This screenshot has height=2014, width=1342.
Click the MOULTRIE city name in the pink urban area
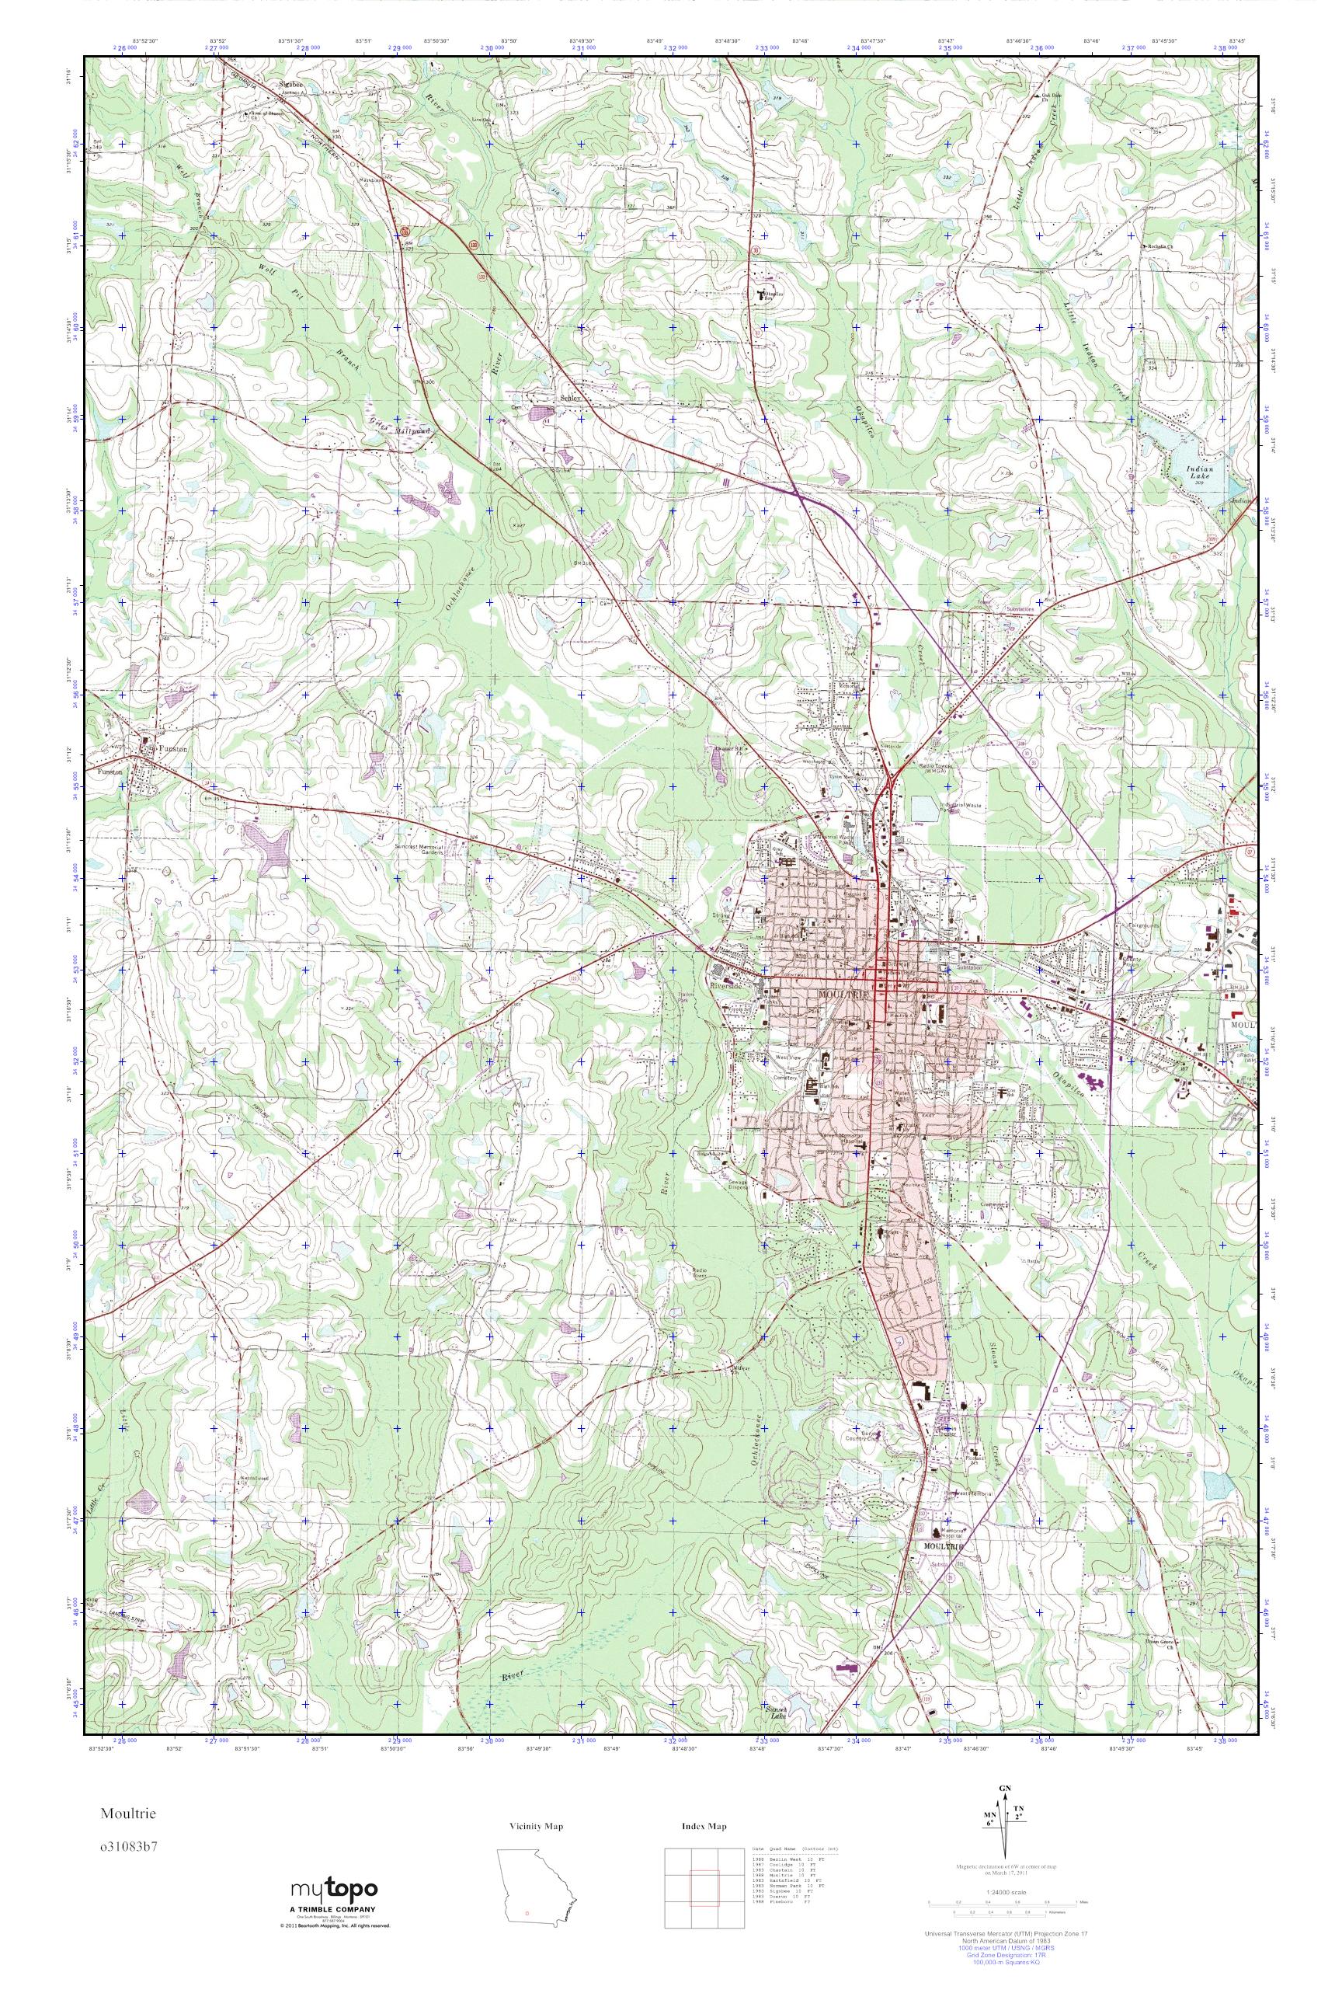tap(844, 995)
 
